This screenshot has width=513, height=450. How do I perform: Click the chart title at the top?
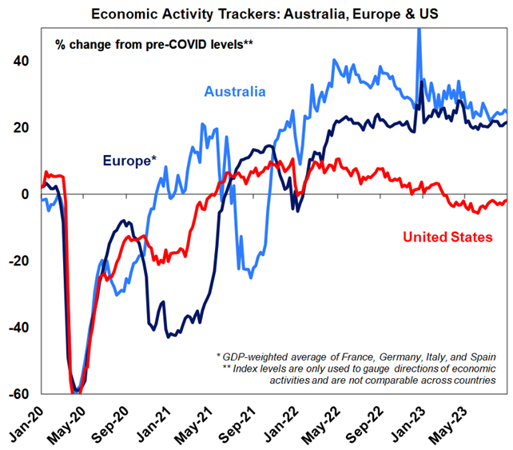coord(256,13)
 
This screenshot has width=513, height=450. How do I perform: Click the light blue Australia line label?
coord(235,92)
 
